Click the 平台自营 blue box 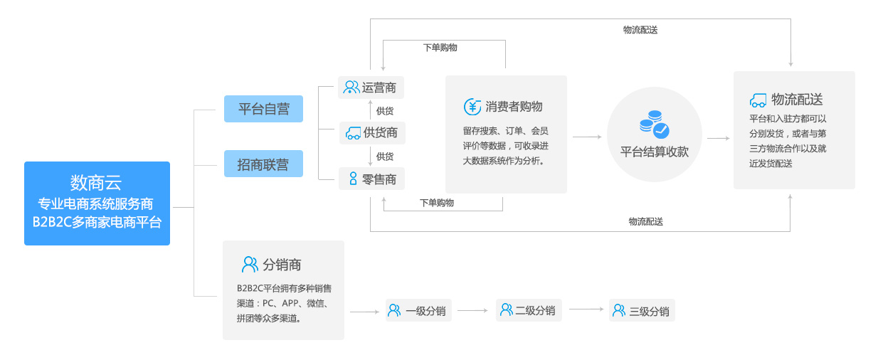coord(263,109)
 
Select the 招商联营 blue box coord(263,164)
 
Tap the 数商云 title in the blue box coord(96,183)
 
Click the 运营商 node coord(371,88)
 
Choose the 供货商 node coord(372,133)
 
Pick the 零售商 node coord(371,179)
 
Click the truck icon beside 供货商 coord(353,133)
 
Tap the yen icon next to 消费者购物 coord(472,107)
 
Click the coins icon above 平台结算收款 coord(654,125)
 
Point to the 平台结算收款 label coord(654,152)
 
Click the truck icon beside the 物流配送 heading coord(758,100)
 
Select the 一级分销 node coord(418,311)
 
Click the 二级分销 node coord(529,310)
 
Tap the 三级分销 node coord(642,311)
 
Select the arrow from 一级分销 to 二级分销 coord(472,311)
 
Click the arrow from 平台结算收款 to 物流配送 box coord(719,138)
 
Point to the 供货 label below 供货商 coord(384,157)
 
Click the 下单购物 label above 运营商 coord(440,48)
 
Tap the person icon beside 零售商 coord(353,179)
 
